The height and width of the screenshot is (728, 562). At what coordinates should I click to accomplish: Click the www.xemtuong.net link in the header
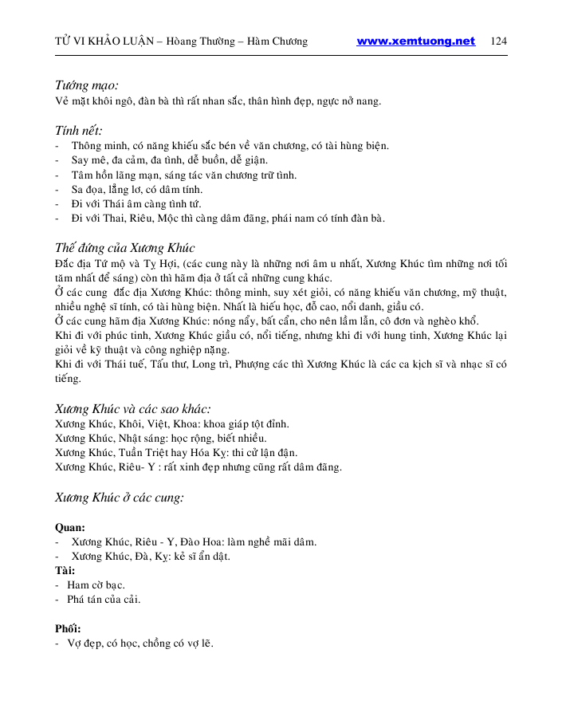415,41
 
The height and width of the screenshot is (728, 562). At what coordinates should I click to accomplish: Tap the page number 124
500,41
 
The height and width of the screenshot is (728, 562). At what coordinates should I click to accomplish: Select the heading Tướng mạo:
87,85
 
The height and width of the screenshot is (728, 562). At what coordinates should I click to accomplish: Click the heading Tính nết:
78,130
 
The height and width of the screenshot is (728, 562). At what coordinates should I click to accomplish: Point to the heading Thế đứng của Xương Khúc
125,248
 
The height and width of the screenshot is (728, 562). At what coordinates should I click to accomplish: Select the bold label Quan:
70,527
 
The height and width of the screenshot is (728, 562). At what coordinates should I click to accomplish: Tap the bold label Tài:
65,570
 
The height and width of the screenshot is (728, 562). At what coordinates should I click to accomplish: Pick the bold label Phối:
68,628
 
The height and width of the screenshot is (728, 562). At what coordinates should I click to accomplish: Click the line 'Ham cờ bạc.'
96,584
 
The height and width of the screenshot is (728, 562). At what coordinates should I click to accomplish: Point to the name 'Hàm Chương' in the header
278,41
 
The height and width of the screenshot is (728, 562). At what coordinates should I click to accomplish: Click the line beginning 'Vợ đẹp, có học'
140,643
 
